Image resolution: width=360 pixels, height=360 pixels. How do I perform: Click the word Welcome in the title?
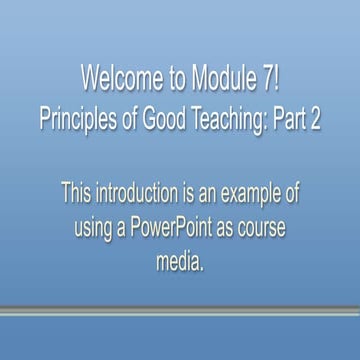(118, 79)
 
